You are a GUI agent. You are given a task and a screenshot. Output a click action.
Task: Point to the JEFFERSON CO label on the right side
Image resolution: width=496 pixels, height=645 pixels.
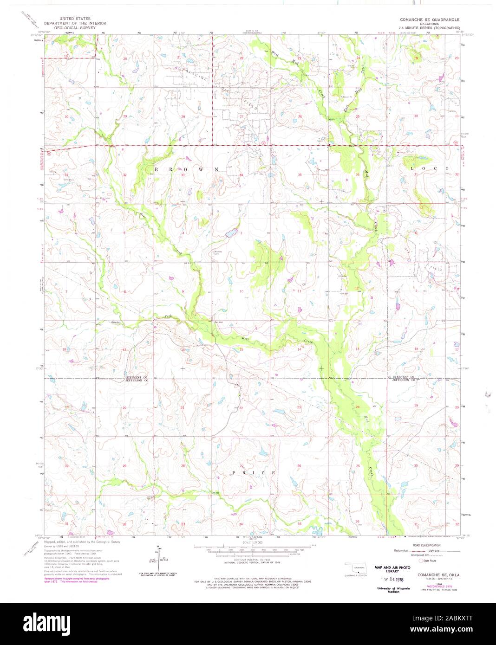pos(404,381)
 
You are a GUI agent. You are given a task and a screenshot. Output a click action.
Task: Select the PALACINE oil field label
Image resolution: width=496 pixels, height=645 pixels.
pos(195,74)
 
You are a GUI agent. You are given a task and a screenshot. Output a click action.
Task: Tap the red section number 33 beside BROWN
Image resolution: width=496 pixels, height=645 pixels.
pos(183,175)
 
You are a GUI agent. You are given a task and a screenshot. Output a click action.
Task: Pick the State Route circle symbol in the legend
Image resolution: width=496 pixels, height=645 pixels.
pos(422,561)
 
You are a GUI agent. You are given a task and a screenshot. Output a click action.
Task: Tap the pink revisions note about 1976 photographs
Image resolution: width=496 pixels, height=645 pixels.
pos(77,580)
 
